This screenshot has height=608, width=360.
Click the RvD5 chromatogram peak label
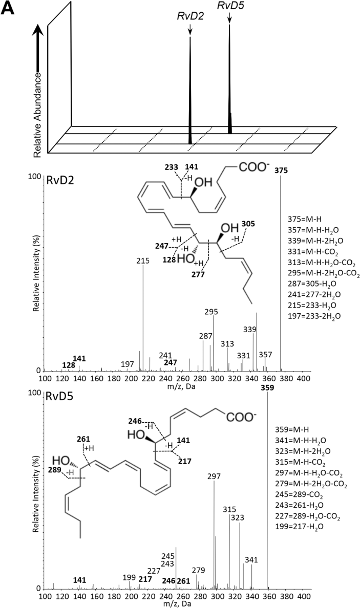pyautogui.click(x=229, y=6)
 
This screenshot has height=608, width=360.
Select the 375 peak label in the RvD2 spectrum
pyautogui.click(x=281, y=171)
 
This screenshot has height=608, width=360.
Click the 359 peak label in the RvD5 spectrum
pyautogui.click(x=267, y=387)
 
